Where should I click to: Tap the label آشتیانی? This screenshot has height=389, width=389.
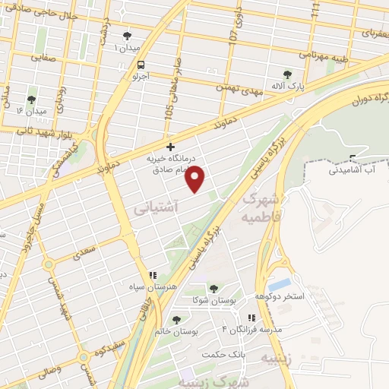point(156,206)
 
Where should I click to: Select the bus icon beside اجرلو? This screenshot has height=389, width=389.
point(140,65)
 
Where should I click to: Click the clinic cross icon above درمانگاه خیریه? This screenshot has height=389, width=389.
point(170,146)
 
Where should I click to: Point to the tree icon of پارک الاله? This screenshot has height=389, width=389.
point(286,74)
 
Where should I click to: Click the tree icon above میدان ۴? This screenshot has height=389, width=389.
point(31,100)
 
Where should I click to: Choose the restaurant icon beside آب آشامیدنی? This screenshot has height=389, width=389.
point(352,158)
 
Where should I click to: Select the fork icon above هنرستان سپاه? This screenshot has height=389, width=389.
point(152,275)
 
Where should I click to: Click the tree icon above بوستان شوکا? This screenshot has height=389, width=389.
point(213,288)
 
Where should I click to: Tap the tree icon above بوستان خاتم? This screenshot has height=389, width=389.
point(176,320)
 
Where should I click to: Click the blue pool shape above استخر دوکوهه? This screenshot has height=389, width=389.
point(280,285)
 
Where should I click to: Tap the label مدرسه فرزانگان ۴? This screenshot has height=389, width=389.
point(251,329)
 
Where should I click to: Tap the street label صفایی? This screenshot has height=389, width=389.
point(44,56)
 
